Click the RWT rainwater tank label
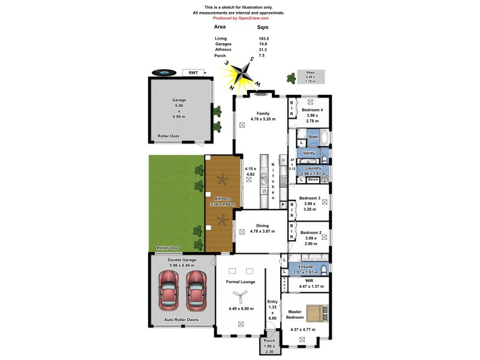(x=193, y=73)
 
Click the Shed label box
(x=310, y=77)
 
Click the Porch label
(x=269, y=341)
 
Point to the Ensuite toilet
(x=322, y=269)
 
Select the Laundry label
(x=312, y=169)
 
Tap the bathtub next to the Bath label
(x=325, y=137)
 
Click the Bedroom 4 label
(x=311, y=110)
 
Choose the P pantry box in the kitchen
(x=283, y=205)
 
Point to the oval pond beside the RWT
(x=162, y=73)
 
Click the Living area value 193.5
(x=263, y=38)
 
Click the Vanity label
(x=308, y=154)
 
